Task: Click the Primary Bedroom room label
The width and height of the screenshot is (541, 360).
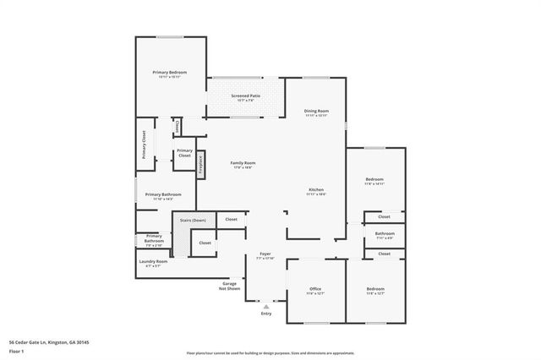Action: pyautogui.click(x=170, y=74)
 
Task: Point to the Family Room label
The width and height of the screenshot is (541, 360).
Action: pyautogui.click(x=243, y=164)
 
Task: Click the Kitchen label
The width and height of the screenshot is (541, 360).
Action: pyautogui.click(x=316, y=190)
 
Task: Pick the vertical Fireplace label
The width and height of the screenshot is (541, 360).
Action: pyautogui.click(x=200, y=164)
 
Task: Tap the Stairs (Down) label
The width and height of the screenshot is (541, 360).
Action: pyautogui.click(x=193, y=220)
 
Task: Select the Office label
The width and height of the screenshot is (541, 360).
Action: pyautogui.click(x=315, y=290)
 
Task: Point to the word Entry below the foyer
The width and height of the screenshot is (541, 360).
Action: pyautogui.click(x=266, y=314)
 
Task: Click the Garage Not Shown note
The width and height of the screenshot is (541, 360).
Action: pyautogui.click(x=230, y=286)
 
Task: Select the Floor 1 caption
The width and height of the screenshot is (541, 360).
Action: pyautogui.click(x=17, y=352)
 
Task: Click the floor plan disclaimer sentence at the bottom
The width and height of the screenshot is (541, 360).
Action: pyautogui.click(x=270, y=352)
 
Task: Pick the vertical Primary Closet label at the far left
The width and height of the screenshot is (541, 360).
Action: pyautogui.click(x=144, y=145)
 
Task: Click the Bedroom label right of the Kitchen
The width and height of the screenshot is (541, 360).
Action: pyautogui.click(x=374, y=180)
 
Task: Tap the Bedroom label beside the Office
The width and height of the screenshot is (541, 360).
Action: pyautogui.click(x=374, y=290)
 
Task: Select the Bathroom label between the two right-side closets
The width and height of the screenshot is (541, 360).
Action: pyautogui.click(x=385, y=234)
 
